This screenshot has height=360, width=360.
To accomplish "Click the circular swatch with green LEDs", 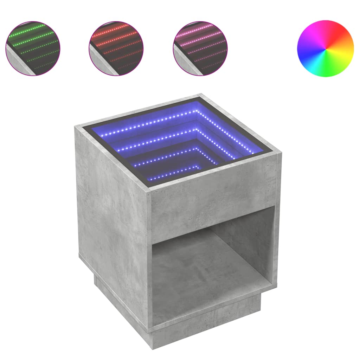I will [x=33, y=49].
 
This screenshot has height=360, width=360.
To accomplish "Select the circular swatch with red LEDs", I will [x=116, y=49].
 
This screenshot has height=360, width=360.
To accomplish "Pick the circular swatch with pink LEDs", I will [x=200, y=49].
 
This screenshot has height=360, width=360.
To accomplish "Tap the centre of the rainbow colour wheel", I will [x=325, y=49].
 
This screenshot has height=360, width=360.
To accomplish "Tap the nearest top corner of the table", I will [x=149, y=192].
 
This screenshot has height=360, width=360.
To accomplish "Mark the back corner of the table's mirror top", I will [x=201, y=96].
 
